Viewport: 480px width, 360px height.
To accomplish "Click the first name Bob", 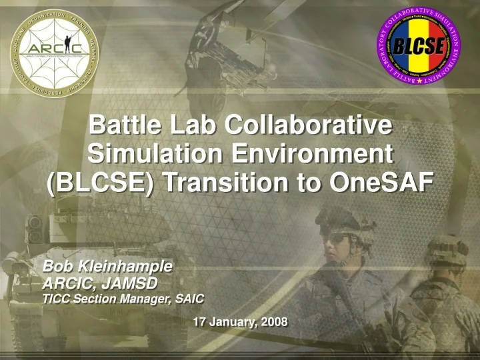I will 56,267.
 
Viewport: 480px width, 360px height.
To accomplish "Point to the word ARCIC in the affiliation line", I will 67,283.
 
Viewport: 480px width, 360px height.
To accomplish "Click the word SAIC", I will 189,299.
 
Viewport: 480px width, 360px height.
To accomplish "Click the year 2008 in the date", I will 275,323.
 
